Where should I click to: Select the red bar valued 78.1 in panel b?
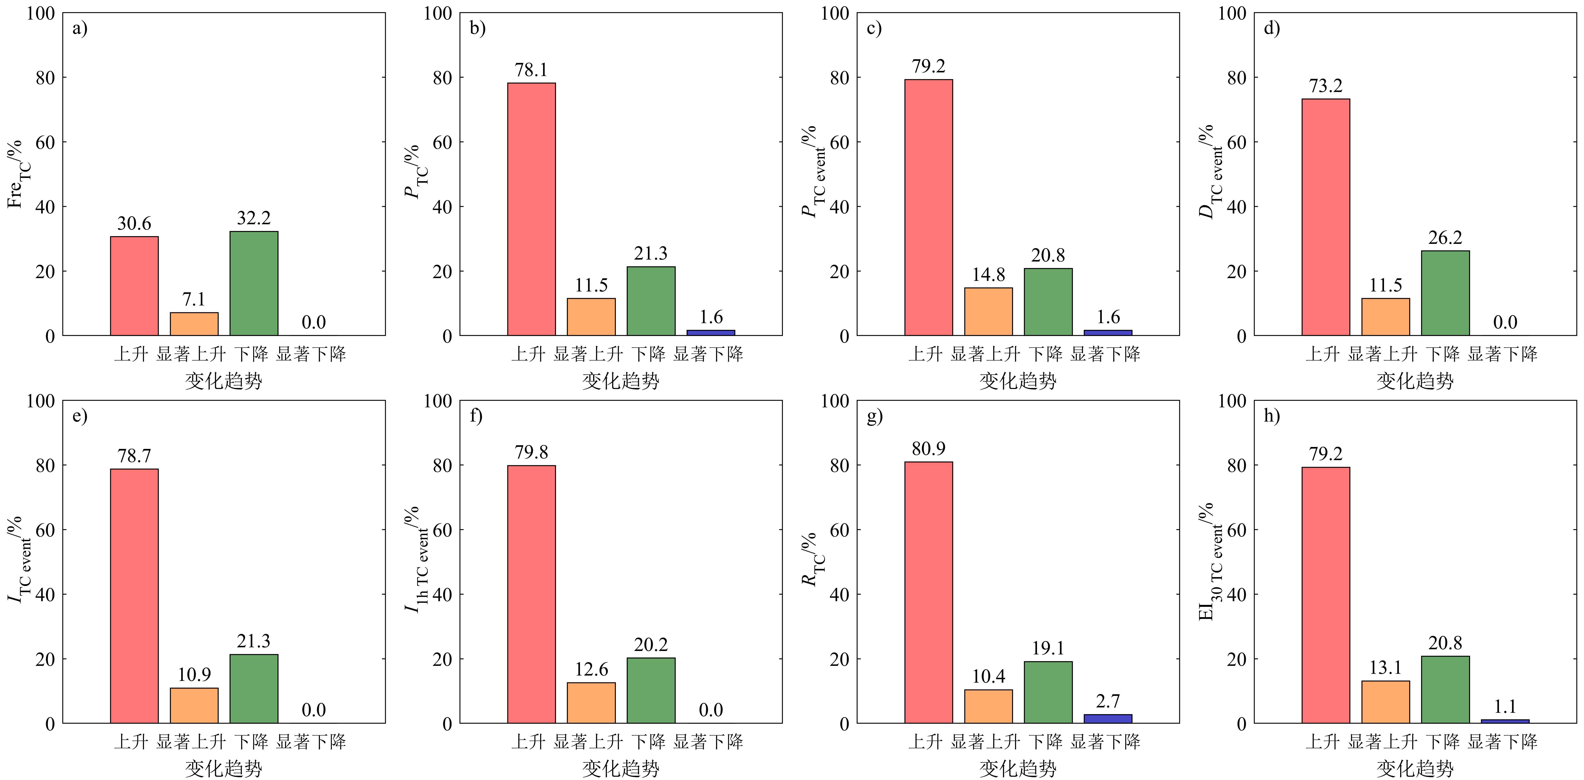click(x=531, y=209)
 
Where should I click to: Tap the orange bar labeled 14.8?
click(x=988, y=312)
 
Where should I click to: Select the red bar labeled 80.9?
click(x=928, y=592)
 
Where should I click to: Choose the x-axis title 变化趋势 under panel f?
click(x=620, y=768)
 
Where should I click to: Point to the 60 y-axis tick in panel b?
click(x=442, y=142)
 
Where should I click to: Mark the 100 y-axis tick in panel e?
click(x=41, y=401)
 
